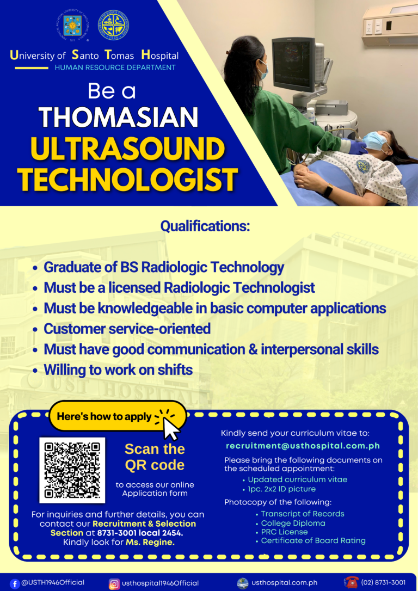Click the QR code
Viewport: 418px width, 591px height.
click(72, 470)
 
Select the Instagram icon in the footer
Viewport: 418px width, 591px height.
click(114, 583)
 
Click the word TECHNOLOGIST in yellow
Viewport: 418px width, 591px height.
click(127, 180)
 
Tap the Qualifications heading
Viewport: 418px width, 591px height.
click(205, 226)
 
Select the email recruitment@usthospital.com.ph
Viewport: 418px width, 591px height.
click(303, 446)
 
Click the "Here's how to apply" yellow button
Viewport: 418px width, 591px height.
click(104, 417)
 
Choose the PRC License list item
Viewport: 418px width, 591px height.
click(284, 532)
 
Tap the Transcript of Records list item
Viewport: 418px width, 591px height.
click(303, 514)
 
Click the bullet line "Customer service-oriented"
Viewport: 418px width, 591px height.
click(127, 329)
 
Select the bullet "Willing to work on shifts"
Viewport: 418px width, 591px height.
click(118, 370)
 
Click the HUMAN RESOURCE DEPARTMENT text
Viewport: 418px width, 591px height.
click(115, 67)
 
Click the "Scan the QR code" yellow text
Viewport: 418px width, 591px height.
click(155, 457)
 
